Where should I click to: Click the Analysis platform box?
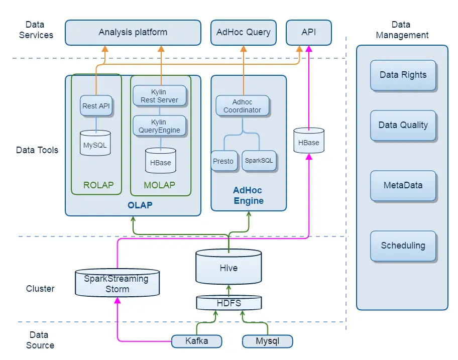[133, 32]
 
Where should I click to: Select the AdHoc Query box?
[244, 32]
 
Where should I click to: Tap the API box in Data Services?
[309, 32]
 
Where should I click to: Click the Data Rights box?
[403, 75]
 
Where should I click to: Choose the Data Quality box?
[403, 125]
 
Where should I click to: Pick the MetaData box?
[403, 185]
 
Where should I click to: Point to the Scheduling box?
[403, 246]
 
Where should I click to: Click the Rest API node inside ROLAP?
[96, 106]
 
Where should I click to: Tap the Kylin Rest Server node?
[160, 95]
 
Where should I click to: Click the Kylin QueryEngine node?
[160, 126]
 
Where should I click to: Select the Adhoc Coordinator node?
[243, 106]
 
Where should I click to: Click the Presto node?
[223, 161]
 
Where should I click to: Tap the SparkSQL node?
[259, 161]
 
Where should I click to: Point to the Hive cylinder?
[228, 267]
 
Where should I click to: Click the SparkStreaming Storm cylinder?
[117, 284]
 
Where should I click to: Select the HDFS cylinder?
[228, 303]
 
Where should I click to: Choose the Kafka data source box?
[196, 341]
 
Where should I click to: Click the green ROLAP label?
[98, 185]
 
